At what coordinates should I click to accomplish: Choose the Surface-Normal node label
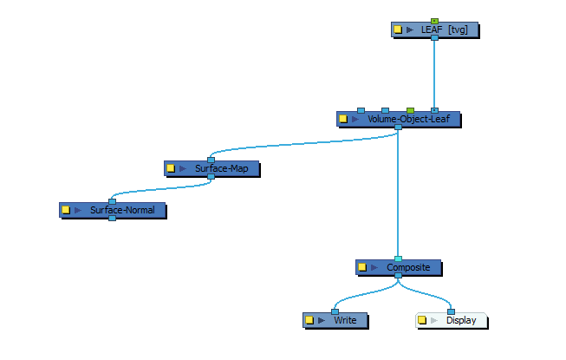pos(116,210)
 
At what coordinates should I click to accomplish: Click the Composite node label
pos(402,268)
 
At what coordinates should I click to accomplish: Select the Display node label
pos(461,320)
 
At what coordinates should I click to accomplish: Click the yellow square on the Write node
pos(309,320)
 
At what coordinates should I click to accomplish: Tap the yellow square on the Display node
pos(422,320)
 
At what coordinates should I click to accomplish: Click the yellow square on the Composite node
pos(362,268)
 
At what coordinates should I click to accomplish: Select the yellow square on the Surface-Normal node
pos(65,210)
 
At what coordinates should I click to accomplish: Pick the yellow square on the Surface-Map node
pos(171,168)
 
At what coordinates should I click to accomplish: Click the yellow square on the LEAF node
pos(398,29)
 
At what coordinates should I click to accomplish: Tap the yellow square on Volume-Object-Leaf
pos(343,119)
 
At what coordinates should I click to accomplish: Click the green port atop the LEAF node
pos(434,21)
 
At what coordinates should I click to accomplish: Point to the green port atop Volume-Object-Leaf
pos(410,110)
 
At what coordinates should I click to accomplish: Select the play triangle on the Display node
pos(434,320)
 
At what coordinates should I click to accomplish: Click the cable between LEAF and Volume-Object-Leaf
pos(434,74)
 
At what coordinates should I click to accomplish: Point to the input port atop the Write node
pos(335,311)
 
